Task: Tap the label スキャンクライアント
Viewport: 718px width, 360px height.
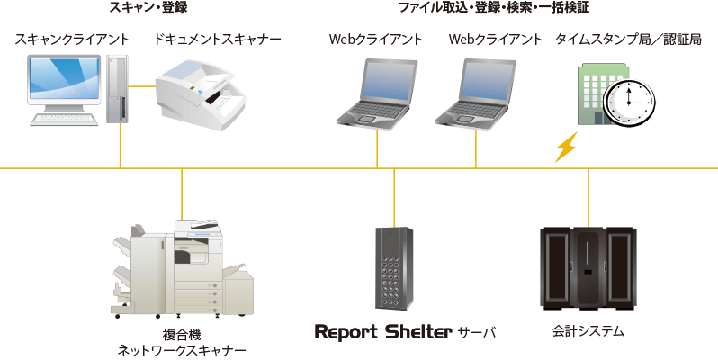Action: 72,40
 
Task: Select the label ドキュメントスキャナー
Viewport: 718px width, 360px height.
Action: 217,40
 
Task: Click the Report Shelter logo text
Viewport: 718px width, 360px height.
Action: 381,332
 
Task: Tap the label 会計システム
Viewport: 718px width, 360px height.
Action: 588,331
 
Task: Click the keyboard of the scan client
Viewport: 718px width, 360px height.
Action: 64,118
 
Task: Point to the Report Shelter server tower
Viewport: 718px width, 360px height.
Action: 394,268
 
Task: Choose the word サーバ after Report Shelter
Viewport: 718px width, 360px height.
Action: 477,332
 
